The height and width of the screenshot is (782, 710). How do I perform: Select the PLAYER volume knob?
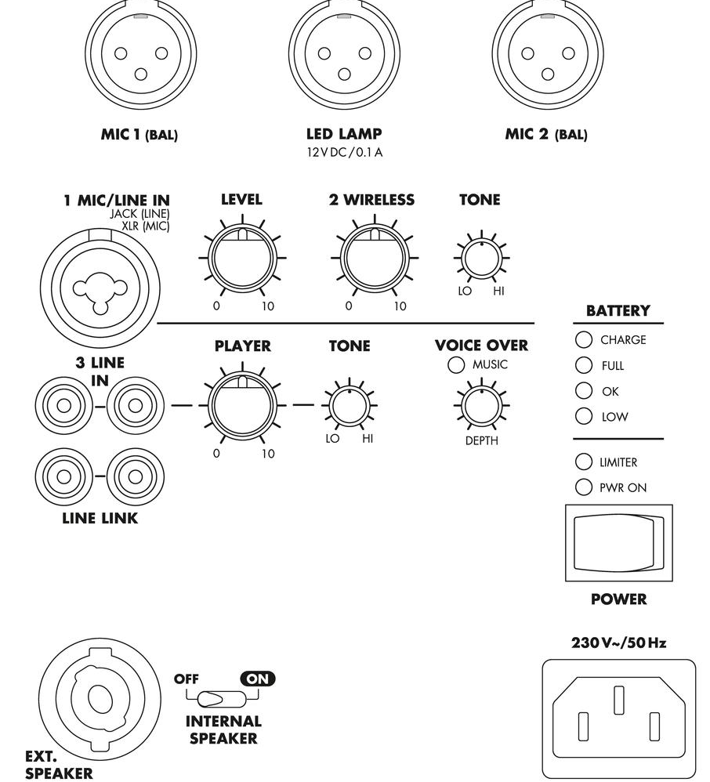coord(242,405)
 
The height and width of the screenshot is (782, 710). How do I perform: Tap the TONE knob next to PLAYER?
coord(350,405)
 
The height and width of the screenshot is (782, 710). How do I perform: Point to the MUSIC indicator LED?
coord(455,364)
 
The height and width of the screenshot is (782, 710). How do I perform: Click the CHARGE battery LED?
coord(584,340)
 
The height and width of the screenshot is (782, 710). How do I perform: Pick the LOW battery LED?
coord(584,416)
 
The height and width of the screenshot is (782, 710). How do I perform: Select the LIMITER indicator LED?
coord(584,462)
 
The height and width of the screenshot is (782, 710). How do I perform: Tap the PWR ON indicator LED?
coord(584,487)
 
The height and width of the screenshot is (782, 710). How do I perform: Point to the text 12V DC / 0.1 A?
coord(345,152)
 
